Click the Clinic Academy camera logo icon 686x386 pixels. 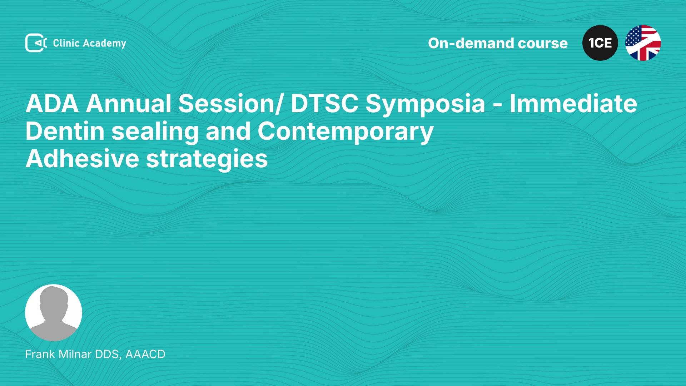tap(36, 43)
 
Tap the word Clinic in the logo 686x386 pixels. tap(66, 43)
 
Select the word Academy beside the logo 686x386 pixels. tap(104, 44)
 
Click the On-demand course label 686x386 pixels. tap(498, 43)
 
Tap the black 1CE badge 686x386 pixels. tap(600, 43)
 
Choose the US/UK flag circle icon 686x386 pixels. tap(643, 43)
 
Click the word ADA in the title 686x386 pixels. tap(52, 104)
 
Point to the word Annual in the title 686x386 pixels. tap(129, 104)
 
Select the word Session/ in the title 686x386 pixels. tap(231, 104)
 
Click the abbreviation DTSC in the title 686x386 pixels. tap(324, 104)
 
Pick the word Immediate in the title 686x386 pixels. tap(573, 104)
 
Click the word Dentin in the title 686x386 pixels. tap(65, 131)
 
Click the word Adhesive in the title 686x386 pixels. tap(82, 159)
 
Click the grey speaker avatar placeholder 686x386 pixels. tap(54, 313)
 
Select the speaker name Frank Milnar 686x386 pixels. tap(59, 354)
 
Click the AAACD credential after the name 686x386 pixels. tap(145, 354)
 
